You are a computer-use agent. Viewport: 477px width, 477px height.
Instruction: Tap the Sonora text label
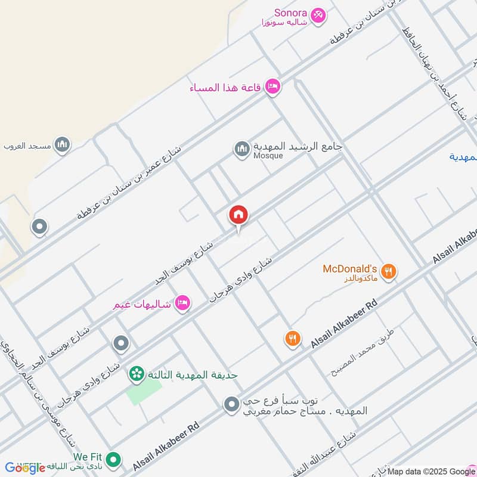[x=290, y=13]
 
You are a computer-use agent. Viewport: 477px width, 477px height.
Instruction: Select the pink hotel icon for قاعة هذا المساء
[x=273, y=87]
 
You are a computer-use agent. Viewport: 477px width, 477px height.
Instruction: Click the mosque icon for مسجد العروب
[x=62, y=145]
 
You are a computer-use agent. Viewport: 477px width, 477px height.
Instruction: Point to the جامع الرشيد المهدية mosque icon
[x=241, y=148]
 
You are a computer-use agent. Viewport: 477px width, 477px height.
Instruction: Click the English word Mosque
[x=267, y=156]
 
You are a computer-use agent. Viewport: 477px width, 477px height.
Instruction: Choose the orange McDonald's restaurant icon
[x=388, y=272]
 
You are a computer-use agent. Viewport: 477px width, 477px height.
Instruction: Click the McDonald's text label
[x=350, y=269]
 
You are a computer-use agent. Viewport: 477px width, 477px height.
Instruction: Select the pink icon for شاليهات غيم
[x=183, y=303]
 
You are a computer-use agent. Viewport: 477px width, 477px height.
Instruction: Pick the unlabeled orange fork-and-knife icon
[x=292, y=339]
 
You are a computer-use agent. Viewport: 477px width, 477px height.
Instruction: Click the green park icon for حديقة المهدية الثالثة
[x=137, y=374]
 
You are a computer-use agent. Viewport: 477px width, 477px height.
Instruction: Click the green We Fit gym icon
[x=114, y=460]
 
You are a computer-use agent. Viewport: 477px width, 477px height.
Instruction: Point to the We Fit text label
[x=88, y=457]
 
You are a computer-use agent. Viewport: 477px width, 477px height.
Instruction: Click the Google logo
[x=25, y=468]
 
